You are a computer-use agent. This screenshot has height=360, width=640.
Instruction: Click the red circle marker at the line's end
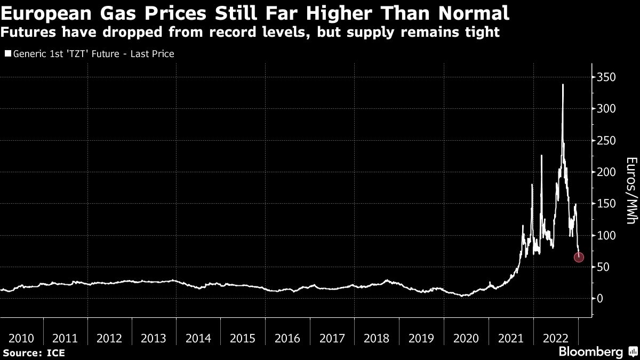click(x=579, y=257)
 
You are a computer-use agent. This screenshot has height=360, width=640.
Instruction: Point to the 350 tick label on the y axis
click(x=607, y=77)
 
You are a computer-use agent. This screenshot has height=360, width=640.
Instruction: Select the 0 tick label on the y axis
click(x=600, y=299)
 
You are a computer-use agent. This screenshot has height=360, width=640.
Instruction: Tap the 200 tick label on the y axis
click(x=607, y=172)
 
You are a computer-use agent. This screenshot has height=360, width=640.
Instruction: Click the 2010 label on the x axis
click(x=22, y=338)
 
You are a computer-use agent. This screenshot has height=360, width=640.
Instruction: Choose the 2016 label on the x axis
click(x=286, y=338)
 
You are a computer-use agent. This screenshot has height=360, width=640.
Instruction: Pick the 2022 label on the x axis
click(x=555, y=338)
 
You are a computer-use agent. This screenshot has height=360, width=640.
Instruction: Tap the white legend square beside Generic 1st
click(x=7, y=54)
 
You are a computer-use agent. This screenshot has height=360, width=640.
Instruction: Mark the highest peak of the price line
click(x=563, y=84)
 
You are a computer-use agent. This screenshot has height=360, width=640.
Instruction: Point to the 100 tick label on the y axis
click(x=607, y=235)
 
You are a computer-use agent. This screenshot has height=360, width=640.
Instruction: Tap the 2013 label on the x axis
click(x=154, y=338)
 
